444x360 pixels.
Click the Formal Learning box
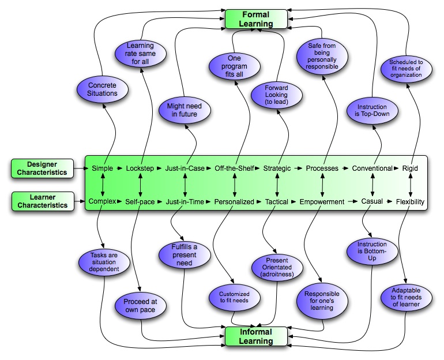click(x=256, y=18)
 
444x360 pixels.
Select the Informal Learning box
click(x=256, y=336)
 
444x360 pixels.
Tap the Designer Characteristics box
click(x=42, y=168)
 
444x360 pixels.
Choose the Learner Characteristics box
click(x=42, y=201)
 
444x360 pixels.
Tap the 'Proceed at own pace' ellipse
click(x=140, y=306)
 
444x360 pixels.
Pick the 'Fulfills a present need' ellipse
click(x=184, y=256)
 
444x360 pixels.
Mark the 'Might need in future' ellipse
click(x=184, y=110)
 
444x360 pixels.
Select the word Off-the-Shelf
click(x=234, y=168)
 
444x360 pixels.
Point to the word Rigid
click(x=410, y=168)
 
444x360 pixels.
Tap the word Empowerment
click(x=322, y=202)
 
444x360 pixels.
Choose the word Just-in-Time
click(x=185, y=202)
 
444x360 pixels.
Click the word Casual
click(x=372, y=202)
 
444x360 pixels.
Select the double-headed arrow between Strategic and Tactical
click(x=277, y=185)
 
